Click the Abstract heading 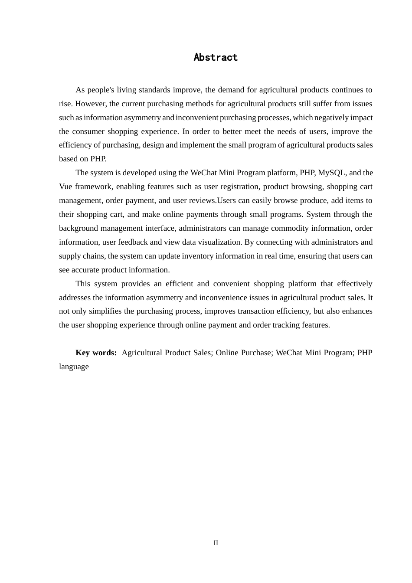[216, 57]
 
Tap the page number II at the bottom [216, 543]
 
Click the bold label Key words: [96, 353]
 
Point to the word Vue [65, 187]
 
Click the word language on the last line [74, 367]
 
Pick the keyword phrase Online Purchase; [244, 353]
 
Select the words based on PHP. [82, 159]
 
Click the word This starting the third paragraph [83, 284]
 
